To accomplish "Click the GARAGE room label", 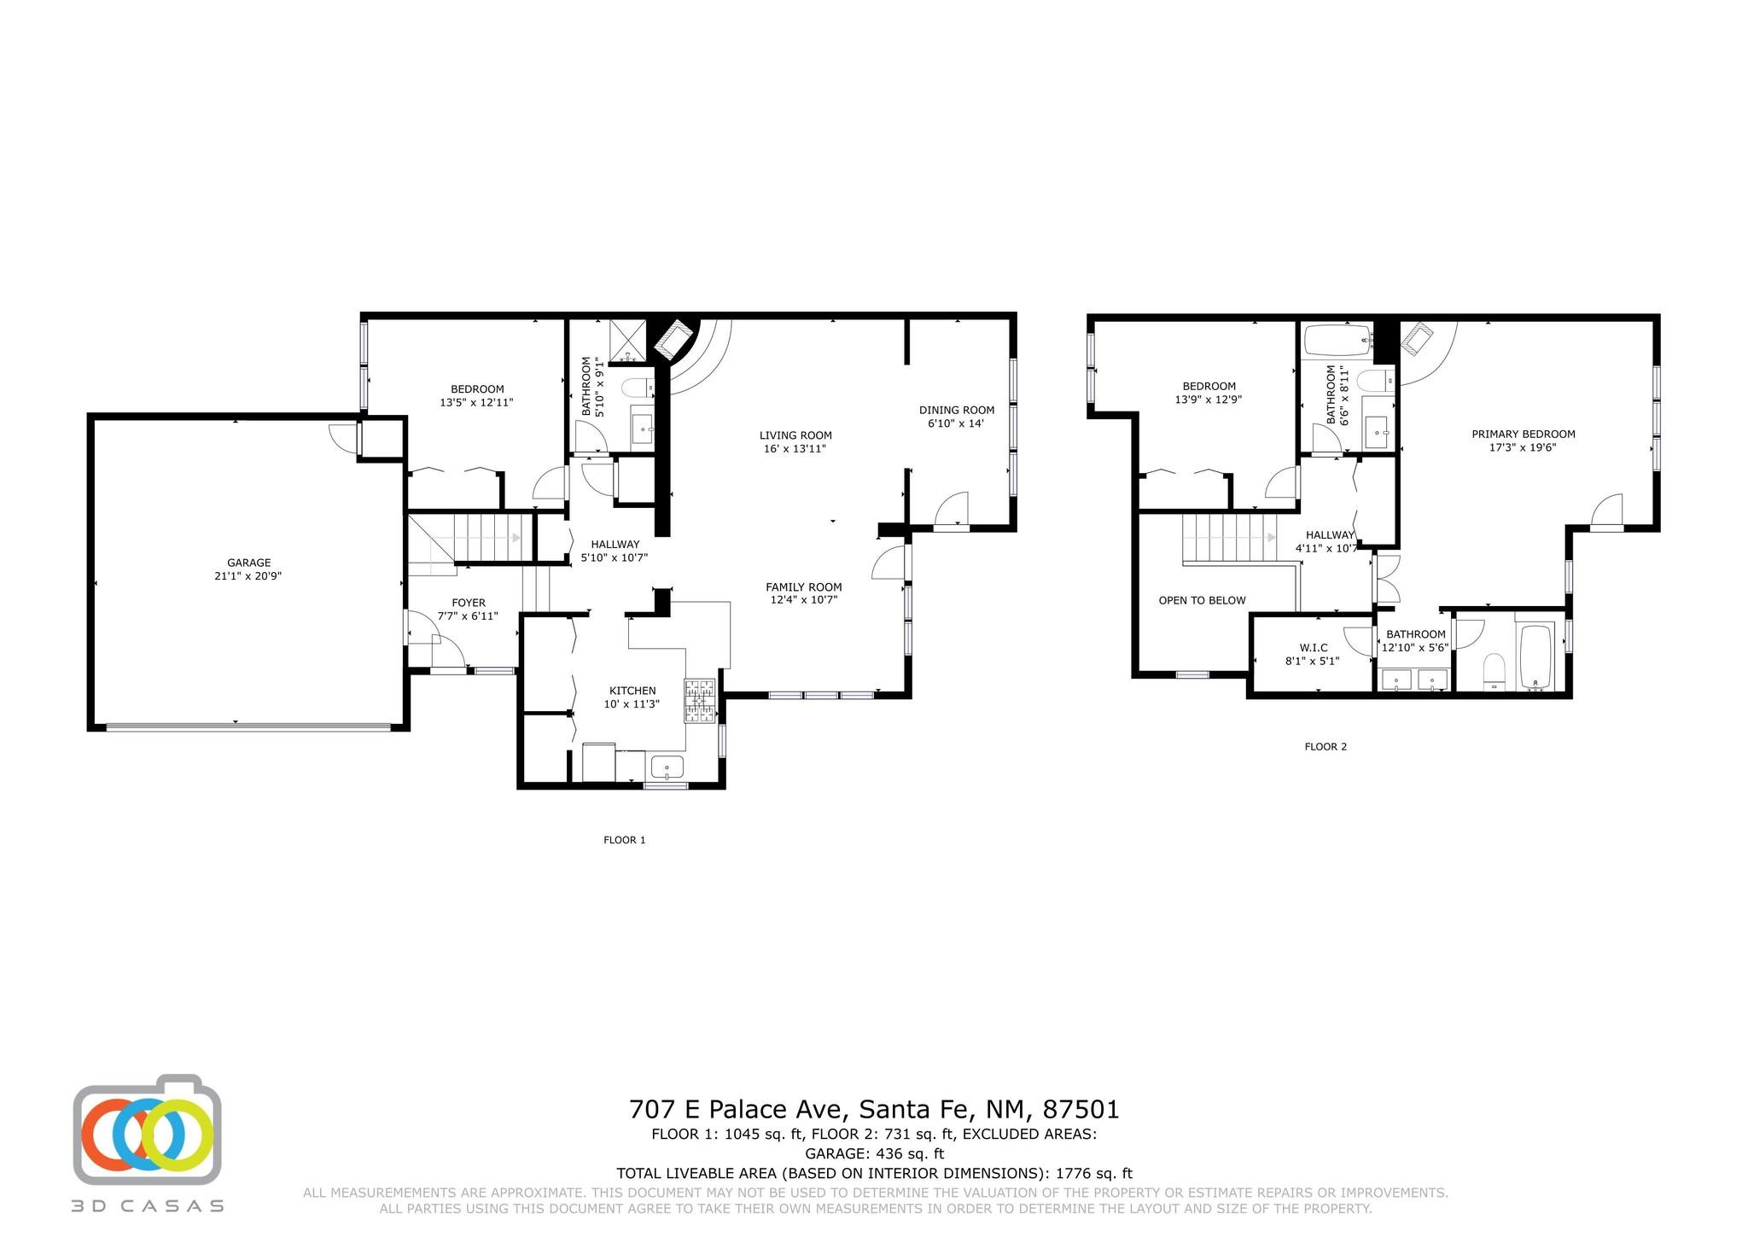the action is [248, 563].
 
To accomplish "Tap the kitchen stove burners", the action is [700, 702].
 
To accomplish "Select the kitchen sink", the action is [667, 767].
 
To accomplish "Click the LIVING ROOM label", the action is [795, 435].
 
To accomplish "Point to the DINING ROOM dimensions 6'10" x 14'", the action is [956, 423].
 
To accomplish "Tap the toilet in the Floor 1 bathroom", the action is [637, 388].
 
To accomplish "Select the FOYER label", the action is [469, 603].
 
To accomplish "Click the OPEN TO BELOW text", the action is [1202, 600].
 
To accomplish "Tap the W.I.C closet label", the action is [1313, 648].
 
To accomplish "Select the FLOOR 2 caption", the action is [1326, 746].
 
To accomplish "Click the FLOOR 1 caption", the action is [625, 840].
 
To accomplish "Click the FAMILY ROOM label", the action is [803, 587].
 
